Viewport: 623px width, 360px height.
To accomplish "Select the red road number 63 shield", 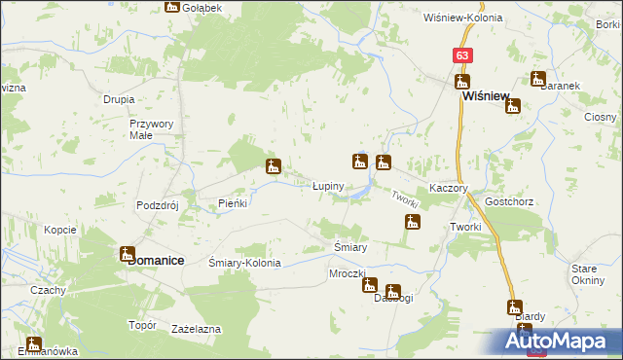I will pyautogui.click(x=462, y=56).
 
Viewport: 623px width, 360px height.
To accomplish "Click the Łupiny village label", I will pyautogui.click(x=327, y=185).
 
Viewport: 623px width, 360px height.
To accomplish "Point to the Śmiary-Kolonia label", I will pyautogui.click(x=245, y=263).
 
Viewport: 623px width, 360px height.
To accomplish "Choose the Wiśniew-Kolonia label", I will pyautogui.click(x=462, y=18).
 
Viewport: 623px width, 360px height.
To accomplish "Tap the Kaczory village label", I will pyautogui.click(x=450, y=188).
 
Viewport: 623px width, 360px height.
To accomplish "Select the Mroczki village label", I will pyautogui.click(x=347, y=274).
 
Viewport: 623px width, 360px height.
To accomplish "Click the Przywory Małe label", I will pyautogui.click(x=152, y=129).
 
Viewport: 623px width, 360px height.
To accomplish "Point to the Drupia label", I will pyautogui.click(x=119, y=99).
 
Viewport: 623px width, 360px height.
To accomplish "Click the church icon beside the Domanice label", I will pyautogui.click(x=128, y=254).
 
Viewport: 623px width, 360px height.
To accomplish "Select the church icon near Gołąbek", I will pyautogui.click(x=172, y=6).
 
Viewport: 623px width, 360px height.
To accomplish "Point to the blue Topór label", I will pyautogui.click(x=143, y=325).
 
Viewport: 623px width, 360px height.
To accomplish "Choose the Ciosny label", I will pyautogui.click(x=601, y=116).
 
